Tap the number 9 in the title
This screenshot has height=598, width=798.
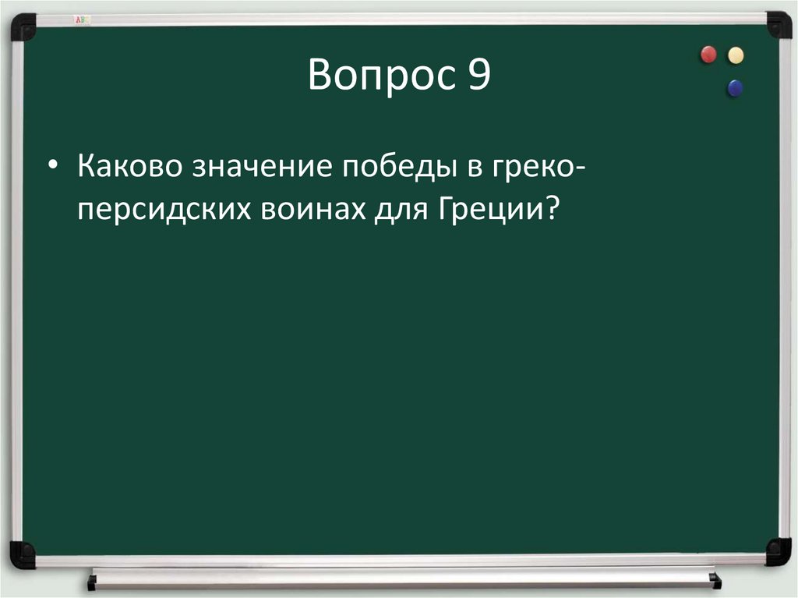coord(478,76)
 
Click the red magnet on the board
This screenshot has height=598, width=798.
coord(708,55)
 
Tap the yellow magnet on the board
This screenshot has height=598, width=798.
coord(735,55)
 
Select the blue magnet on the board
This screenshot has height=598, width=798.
coord(734,88)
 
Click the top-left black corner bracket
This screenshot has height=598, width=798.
coord(23,27)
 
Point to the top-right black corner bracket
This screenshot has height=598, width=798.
coord(778,25)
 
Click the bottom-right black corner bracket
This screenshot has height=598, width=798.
coord(778,550)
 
